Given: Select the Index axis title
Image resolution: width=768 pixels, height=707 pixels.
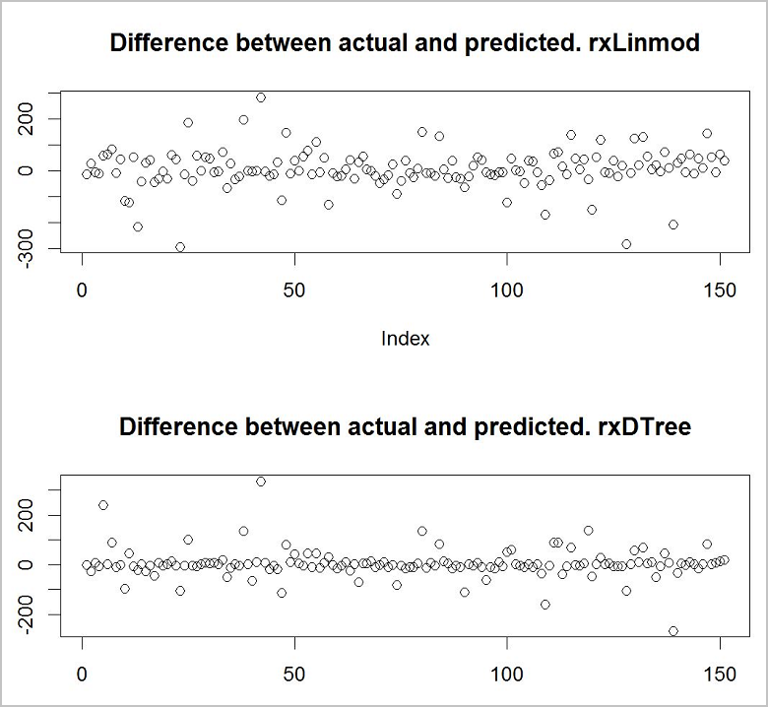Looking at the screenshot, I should click(x=405, y=339).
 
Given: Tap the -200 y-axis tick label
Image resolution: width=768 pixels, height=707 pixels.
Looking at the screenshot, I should click(x=42, y=615).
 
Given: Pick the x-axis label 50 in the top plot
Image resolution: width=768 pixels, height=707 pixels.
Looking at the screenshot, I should click(x=293, y=291).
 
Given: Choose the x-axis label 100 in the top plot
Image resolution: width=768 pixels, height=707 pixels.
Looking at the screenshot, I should click(x=506, y=291).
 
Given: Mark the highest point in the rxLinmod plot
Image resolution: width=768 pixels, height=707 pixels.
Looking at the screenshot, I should click(x=261, y=97).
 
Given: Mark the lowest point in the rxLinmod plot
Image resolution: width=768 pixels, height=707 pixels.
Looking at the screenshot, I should click(x=180, y=247).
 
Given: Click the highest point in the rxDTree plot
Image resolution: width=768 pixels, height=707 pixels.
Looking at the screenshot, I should click(x=261, y=482).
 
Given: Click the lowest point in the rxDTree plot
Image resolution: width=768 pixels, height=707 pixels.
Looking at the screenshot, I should click(x=672, y=631).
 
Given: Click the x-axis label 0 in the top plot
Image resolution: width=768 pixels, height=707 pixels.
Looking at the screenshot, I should click(x=82, y=291).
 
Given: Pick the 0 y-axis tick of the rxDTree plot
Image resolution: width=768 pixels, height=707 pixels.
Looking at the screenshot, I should click(x=42, y=565).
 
